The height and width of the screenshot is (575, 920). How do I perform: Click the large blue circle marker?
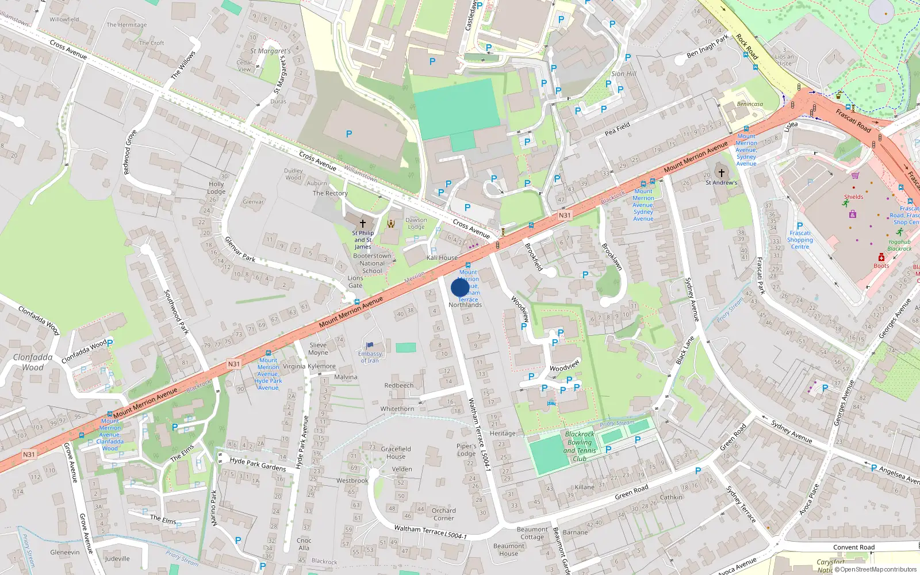pos(460,287)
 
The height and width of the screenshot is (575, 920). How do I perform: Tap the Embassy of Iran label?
pos(370,357)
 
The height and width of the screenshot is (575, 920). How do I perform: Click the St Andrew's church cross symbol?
pos(721,172)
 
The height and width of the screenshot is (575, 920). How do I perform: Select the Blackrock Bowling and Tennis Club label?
pos(580,446)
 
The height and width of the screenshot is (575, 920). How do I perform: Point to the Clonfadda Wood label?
pos(33,362)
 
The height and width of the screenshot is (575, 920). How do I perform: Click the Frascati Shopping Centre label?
pos(800,240)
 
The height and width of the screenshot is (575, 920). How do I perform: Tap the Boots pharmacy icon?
pos(881,257)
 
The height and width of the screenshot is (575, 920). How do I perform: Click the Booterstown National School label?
pos(372,263)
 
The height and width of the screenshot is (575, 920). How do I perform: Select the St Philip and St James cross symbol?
pos(363,223)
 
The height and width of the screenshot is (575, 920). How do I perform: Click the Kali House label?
pos(442,258)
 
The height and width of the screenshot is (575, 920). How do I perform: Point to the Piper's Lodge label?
pos(466,450)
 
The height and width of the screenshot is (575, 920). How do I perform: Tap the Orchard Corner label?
pos(443,514)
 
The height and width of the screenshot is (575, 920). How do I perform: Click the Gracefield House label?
pos(396,453)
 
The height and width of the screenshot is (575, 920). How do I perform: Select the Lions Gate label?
pos(355,282)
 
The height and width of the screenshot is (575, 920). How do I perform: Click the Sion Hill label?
pos(624,74)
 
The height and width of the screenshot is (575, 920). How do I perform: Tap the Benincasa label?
pos(750,104)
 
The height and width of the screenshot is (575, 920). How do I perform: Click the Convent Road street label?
pos(853,547)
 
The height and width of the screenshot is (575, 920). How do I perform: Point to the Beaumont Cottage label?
pos(532,533)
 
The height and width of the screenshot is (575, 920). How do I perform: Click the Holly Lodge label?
pos(216,187)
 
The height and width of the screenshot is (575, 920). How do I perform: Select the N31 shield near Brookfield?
pos(565,216)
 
